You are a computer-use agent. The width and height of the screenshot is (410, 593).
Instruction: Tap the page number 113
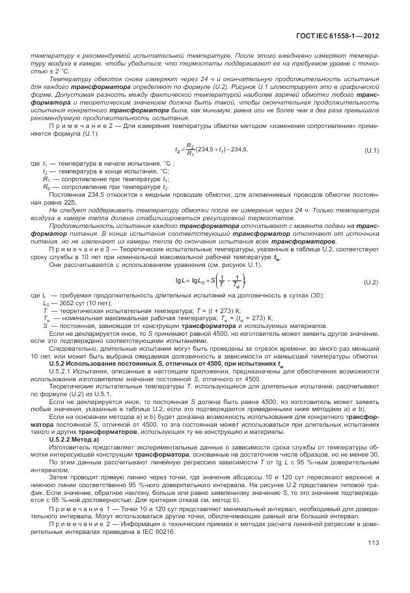point(373,561)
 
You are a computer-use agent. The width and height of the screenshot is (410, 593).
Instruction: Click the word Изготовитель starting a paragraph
point(69,448)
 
